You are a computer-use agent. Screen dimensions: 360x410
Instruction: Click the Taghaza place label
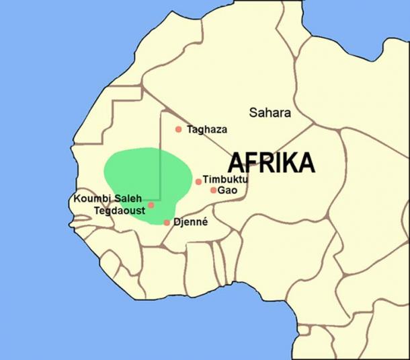click(x=208, y=129)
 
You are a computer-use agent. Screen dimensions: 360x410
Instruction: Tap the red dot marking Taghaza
click(x=178, y=129)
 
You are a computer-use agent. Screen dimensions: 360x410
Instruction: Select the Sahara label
click(x=270, y=112)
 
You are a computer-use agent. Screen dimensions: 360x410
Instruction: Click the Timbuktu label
click(x=225, y=180)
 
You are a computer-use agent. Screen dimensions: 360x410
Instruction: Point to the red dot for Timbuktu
click(x=198, y=182)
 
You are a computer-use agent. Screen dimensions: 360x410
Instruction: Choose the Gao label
click(x=227, y=190)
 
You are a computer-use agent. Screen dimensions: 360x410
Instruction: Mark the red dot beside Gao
click(x=214, y=190)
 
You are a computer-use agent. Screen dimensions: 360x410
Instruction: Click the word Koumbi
click(x=91, y=199)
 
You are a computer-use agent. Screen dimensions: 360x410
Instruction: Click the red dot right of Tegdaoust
click(x=151, y=205)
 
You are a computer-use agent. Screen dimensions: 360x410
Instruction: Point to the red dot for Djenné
click(x=167, y=222)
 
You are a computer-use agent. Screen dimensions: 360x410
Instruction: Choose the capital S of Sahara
click(x=253, y=112)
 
